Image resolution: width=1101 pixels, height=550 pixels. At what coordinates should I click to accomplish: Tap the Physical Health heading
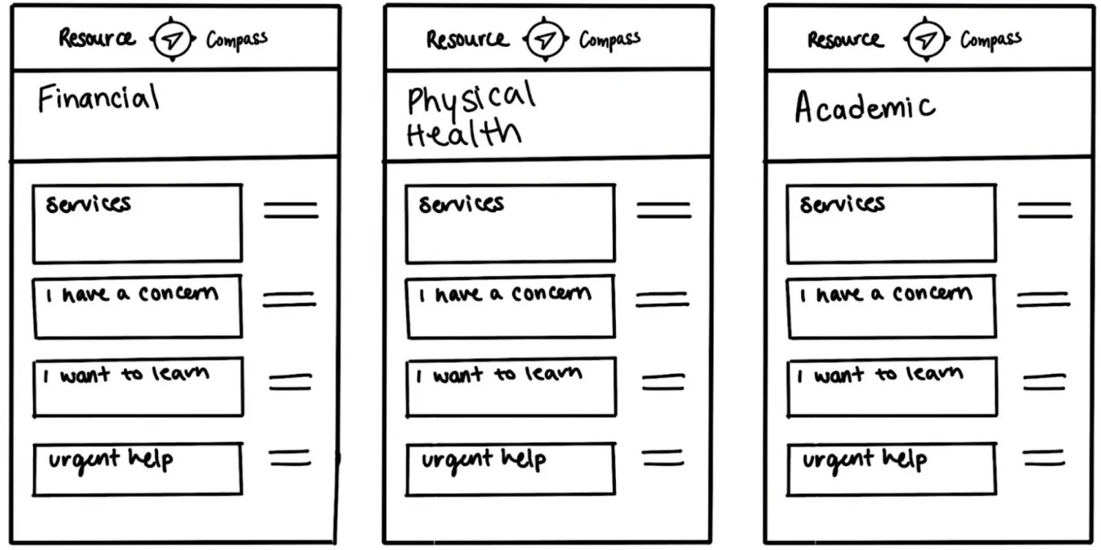click(x=471, y=114)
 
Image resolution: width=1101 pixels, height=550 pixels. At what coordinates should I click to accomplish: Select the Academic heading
click(x=865, y=107)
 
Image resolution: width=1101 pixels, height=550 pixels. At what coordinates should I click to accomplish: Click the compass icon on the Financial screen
click(x=173, y=38)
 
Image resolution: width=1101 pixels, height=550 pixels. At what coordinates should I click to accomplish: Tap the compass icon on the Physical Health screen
click(x=545, y=38)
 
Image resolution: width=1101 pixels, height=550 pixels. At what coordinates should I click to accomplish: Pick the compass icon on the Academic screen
click(x=926, y=38)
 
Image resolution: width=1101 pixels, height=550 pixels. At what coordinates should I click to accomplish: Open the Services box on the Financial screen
click(x=138, y=223)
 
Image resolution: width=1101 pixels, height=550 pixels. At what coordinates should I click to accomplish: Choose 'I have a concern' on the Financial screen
click(x=138, y=307)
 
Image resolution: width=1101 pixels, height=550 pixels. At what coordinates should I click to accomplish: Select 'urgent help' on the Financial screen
click(x=138, y=469)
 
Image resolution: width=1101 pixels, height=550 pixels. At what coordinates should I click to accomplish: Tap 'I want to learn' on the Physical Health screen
click(x=511, y=387)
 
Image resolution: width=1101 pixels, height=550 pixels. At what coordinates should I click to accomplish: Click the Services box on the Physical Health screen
click(x=511, y=223)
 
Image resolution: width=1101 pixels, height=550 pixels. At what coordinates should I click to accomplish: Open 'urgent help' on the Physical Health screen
click(x=511, y=469)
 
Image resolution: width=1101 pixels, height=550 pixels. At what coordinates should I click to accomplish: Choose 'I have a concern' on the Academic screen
click(x=892, y=307)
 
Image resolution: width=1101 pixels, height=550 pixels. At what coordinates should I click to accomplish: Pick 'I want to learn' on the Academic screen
click(x=892, y=387)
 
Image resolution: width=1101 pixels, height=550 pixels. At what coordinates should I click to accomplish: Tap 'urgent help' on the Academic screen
click(x=892, y=469)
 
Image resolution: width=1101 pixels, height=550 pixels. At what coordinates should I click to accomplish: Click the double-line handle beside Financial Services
click(x=291, y=210)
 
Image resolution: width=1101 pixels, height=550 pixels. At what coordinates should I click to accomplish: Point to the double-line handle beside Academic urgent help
click(x=1044, y=458)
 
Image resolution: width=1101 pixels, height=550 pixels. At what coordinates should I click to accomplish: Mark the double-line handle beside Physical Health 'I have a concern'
click(x=663, y=300)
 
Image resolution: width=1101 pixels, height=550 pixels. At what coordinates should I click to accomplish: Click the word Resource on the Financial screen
click(x=97, y=38)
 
